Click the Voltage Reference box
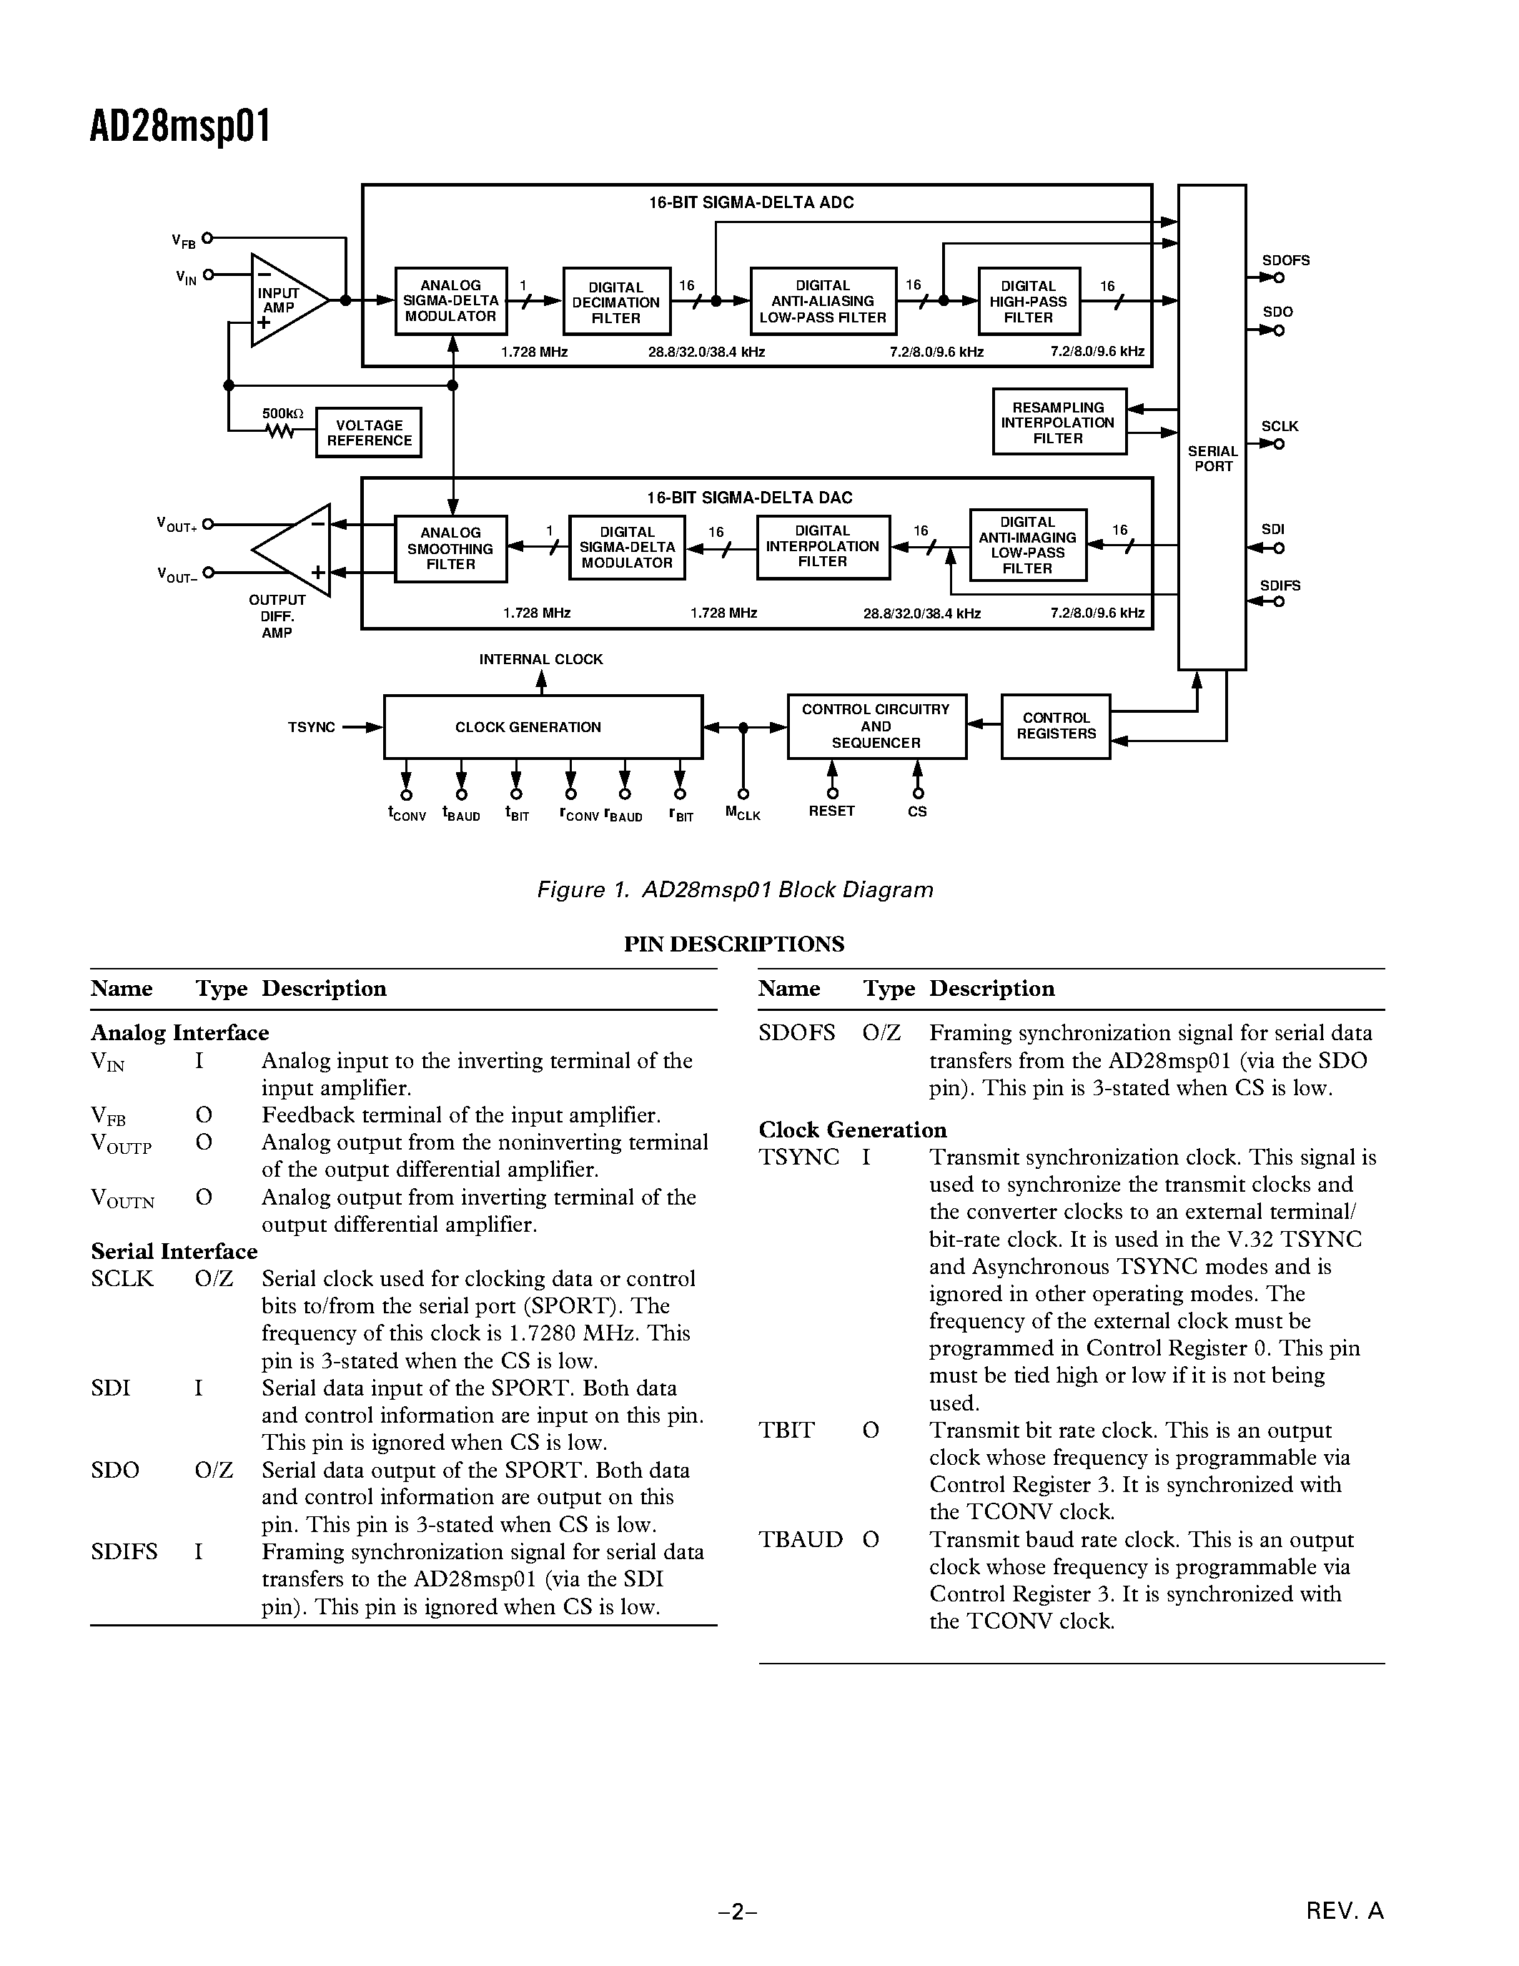[x=368, y=433]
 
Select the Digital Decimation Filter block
[x=616, y=302]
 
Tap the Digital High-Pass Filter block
[x=1029, y=302]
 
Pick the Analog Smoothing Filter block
[x=451, y=548]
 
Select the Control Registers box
[x=1056, y=726]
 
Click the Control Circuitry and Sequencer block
[x=876, y=726]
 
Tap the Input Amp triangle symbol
[x=284, y=300]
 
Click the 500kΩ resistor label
[x=282, y=413]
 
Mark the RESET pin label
[x=831, y=811]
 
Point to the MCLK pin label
[x=743, y=813]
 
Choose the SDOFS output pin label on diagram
[x=1285, y=260]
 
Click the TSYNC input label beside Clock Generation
[x=312, y=727]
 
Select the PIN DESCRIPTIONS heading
[x=734, y=944]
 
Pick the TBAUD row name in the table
[x=800, y=1539]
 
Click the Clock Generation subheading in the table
[x=852, y=1130]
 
